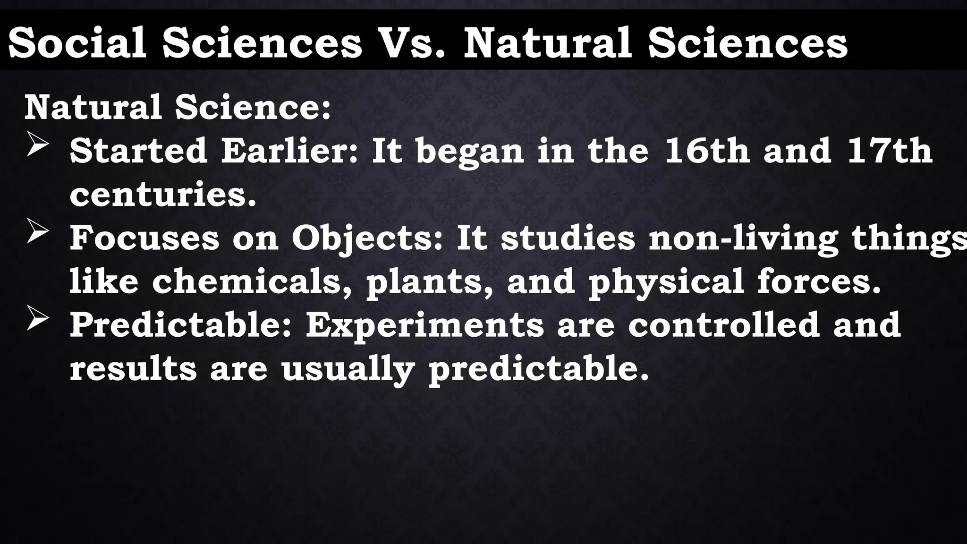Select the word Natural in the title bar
point(548,43)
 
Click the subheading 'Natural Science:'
point(178,107)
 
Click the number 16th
point(707,151)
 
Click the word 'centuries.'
point(163,195)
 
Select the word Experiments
point(424,326)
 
